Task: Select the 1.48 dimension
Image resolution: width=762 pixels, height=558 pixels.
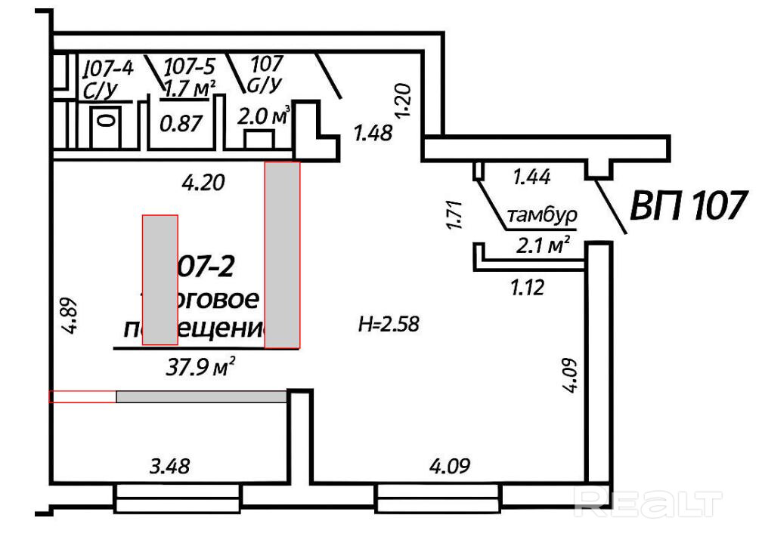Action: pyautogui.click(x=373, y=134)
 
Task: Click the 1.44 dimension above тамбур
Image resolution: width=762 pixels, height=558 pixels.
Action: pyautogui.click(x=531, y=177)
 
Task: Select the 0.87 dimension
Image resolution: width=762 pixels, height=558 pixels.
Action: pyautogui.click(x=181, y=122)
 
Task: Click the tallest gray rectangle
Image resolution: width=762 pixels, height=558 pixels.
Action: pyautogui.click(x=282, y=254)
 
